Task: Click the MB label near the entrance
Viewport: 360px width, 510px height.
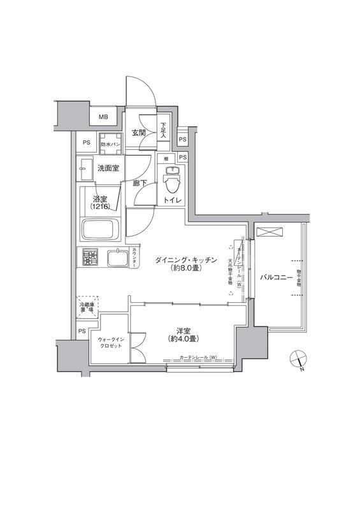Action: [103, 117]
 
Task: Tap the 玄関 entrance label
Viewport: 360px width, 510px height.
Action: [139, 133]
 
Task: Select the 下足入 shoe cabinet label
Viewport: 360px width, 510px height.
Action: [164, 130]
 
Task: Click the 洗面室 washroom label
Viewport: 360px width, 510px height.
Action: [109, 168]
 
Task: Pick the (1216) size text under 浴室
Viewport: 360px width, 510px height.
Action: [100, 207]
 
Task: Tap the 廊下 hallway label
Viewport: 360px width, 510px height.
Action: [141, 183]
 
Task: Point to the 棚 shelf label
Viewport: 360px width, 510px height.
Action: [165, 158]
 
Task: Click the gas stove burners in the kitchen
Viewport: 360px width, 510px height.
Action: [90, 258]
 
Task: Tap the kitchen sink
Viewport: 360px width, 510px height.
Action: [118, 258]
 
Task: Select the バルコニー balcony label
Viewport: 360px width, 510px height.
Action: [276, 277]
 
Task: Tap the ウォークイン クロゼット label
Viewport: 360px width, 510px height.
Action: [112, 344]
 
